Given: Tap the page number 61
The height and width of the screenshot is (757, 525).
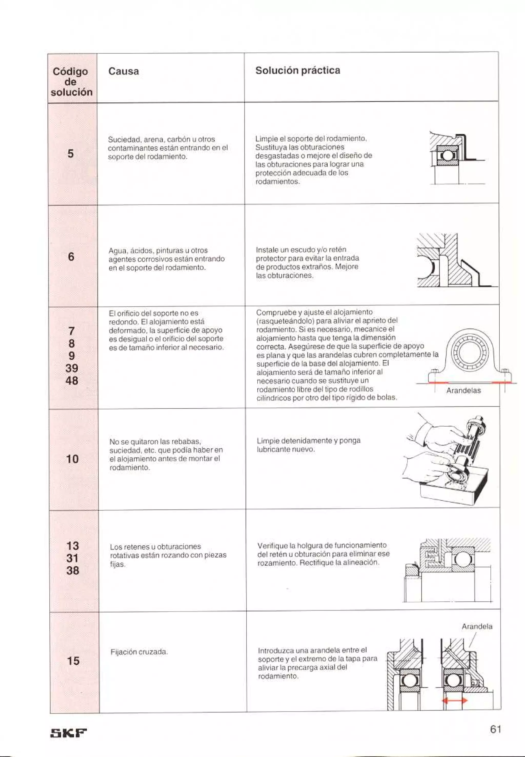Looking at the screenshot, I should [496, 729].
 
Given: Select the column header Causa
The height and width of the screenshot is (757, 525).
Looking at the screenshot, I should [123, 71].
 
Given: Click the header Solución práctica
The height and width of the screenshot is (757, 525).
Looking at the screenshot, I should [297, 71].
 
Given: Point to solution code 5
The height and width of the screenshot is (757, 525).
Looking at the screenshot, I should [71, 154].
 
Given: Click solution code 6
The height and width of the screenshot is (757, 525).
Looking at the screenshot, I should [71, 257].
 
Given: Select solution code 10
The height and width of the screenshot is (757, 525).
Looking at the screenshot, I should [72, 459].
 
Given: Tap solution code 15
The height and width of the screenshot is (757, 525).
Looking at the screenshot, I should [73, 661].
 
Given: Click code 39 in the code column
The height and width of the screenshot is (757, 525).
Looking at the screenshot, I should [72, 368].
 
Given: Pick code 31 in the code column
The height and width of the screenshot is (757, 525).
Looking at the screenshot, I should [73, 558].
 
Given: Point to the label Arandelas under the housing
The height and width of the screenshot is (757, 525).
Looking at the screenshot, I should [463, 391].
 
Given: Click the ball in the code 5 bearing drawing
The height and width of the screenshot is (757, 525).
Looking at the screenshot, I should [447, 156].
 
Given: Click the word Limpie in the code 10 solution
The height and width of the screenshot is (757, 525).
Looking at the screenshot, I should [266, 441].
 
